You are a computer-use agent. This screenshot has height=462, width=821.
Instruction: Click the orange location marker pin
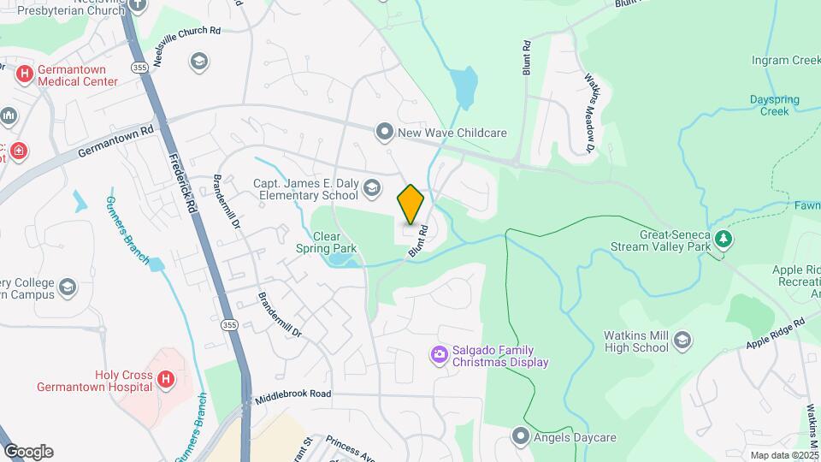click(410, 204)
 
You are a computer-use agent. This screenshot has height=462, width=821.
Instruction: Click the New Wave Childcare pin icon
click(385, 132)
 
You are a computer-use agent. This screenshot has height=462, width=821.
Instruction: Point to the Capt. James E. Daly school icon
click(371, 187)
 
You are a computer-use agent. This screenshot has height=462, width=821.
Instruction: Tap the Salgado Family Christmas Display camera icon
click(440, 353)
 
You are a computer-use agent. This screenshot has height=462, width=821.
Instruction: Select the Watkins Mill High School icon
click(682, 341)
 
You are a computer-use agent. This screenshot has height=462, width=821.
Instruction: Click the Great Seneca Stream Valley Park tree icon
click(724, 238)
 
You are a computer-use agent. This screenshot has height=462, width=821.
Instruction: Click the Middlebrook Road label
click(292, 394)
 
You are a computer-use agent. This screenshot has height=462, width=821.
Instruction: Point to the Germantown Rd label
click(115, 141)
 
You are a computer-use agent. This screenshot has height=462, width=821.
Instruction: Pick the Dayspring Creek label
click(774, 105)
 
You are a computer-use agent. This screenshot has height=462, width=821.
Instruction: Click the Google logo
click(28, 451)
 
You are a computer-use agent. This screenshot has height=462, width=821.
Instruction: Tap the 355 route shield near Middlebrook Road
click(229, 325)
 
